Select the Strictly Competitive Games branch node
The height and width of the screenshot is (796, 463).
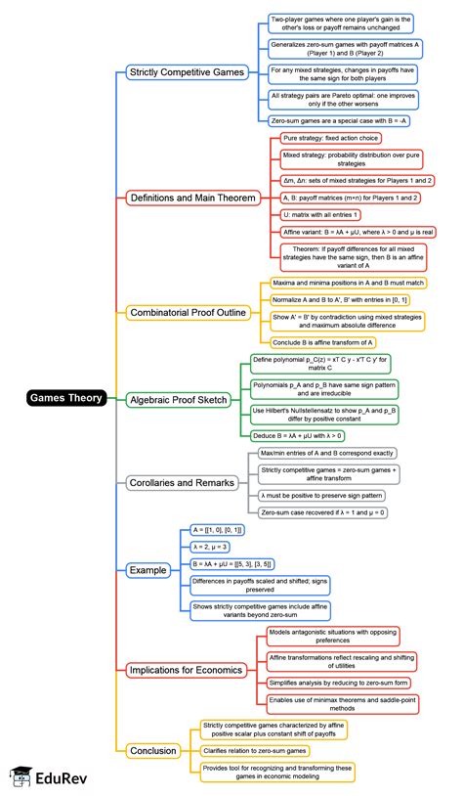tap(185, 72)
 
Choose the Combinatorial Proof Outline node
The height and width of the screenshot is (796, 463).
tap(187, 313)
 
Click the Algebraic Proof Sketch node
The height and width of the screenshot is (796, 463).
tap(177, 399)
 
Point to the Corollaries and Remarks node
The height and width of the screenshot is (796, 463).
tap(181, 482)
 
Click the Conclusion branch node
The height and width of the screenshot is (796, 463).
tap(153, 750)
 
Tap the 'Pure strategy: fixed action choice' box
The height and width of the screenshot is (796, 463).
tap(330, 139)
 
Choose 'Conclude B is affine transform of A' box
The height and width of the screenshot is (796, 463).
tap(323, 342)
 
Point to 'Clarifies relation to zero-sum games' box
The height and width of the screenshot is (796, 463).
tap(255, 750)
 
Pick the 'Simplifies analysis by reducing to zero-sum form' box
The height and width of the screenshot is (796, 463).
tap(338, 681)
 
